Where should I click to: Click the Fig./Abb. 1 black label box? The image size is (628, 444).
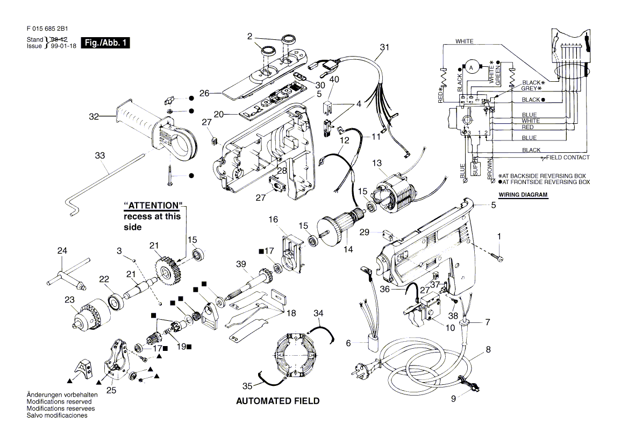tap(105, 43)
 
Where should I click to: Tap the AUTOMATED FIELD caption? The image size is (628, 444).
tap(277, 401)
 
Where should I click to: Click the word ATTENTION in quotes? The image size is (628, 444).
tap(153, 206)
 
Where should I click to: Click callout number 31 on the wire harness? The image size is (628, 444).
tap(383, 48)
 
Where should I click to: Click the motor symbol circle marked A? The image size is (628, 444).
tap(471, 67)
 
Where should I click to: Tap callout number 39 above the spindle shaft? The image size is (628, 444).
tap(241, 263)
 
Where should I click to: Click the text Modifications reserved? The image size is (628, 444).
tap(59, 401)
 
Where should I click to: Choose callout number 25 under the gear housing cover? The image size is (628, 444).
tap(111, 390)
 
